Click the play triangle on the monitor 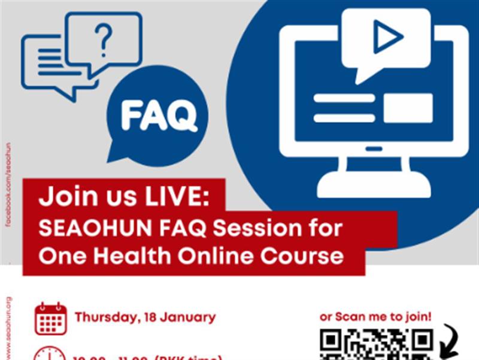[x=387, y=38]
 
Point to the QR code [x=376, y=345]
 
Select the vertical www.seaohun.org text [x=8, y=326]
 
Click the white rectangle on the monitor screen [x=407, y=108]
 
